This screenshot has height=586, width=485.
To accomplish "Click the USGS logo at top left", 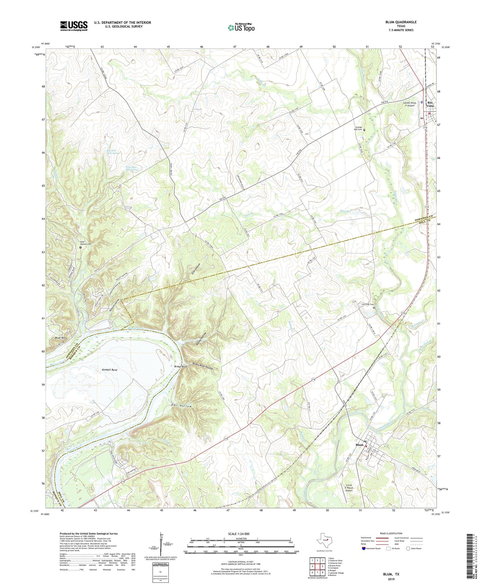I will pyautogui.click(x=74, y=26).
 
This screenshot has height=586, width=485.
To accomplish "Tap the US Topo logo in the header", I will pyautogui.click(x=241, y=28).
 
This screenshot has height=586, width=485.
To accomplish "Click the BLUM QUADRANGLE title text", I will pyautogui.click(x=401, y=22).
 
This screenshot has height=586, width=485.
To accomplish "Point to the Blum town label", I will pyautogui.click(x=359, y=445).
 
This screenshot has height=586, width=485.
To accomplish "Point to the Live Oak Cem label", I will pyautogui.click(x=367, y=304).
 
